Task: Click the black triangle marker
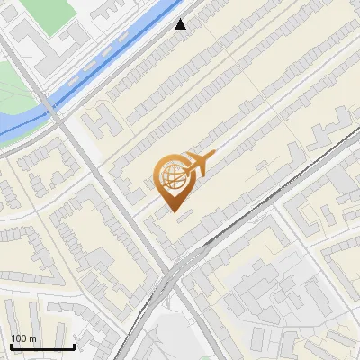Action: coord(181,24)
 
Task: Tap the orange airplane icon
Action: coord(197,165)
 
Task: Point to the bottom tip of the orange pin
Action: coord(174,211)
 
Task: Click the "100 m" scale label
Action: coord(23,337)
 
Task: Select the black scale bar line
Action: coord(42,346)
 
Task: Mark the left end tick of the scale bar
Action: coord(11,345)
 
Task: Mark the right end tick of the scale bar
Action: coord(74,345)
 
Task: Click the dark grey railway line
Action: coord(270,189)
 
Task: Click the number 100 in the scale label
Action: coord(18,337)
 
